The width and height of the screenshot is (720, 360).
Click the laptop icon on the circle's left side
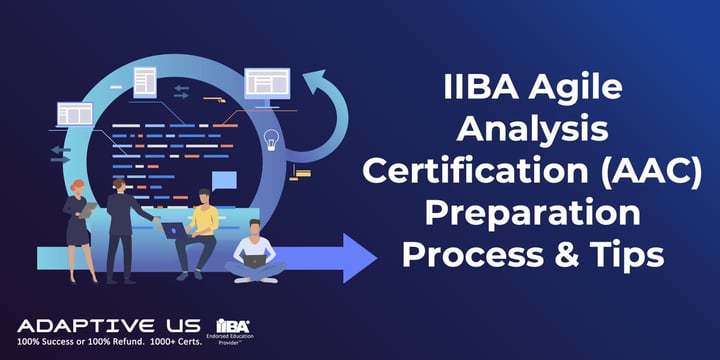tap(75, 113)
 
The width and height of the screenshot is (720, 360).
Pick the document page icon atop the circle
tap(145, 79)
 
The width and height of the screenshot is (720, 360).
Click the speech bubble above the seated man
tap(224, 181)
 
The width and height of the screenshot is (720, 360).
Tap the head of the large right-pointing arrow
tap(355, 258)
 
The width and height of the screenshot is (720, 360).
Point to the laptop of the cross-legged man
tap(255, 261)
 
